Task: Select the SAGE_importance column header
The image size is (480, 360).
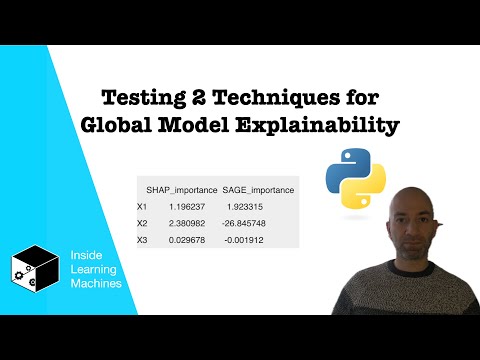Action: point(260,190)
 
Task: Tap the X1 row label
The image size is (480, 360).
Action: point(143,207)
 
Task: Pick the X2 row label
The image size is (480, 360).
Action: point(143,223)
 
